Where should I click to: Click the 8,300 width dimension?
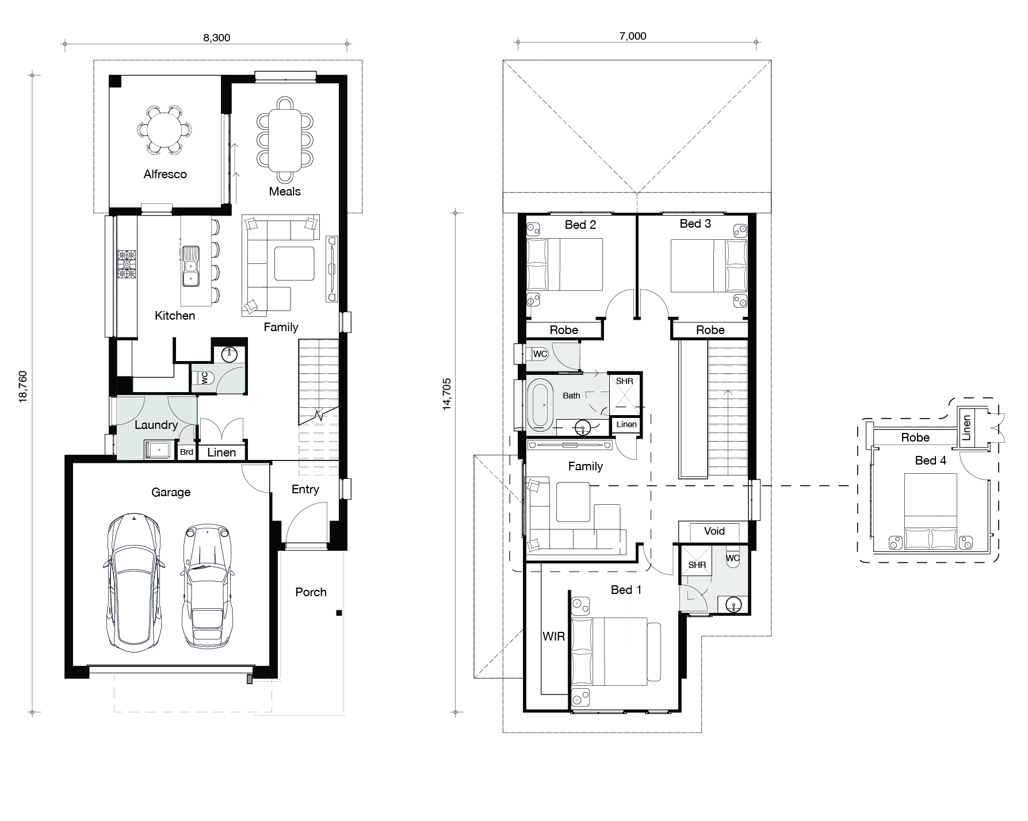click(216, 38)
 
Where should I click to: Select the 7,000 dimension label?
click(632, 36)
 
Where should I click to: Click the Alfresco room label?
click(165, 174)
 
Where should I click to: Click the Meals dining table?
click(285, 141)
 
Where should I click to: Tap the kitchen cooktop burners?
click(127, 264)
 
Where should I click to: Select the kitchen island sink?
click(190, 266)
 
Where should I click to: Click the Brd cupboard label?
click(186, 452)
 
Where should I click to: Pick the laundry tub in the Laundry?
click(159, 450)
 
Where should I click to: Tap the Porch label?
click(311, 592)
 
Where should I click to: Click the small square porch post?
click(339, 613)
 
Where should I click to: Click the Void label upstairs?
click(714, 531)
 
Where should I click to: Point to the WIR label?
click(553, 636)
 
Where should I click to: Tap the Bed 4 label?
click(930, 461)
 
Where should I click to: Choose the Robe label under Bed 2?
click(564, 330)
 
